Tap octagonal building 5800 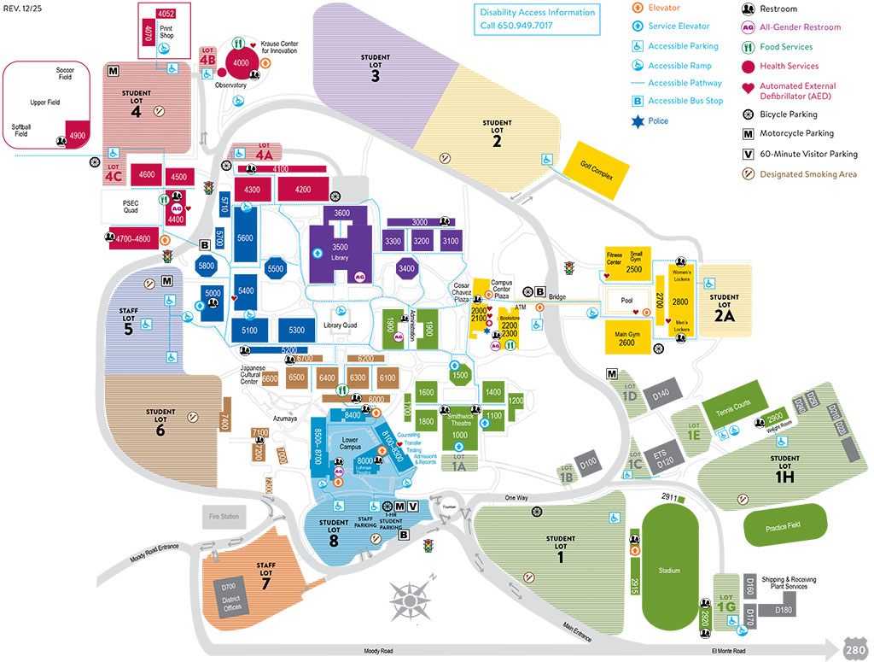point(207,266)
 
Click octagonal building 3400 point(407,269)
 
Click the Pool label point(627,301)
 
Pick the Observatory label point(230,85)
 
